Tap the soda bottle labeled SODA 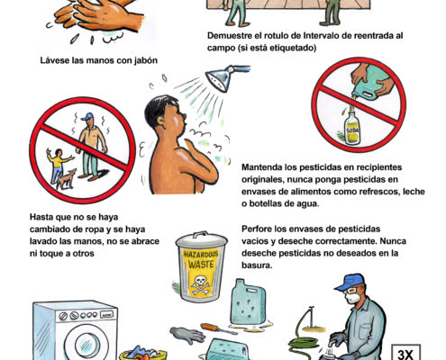(351, 128)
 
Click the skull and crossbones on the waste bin (200, 285)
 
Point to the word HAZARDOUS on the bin (201, 255)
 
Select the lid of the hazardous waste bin (202, 239)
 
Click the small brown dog (66, 179)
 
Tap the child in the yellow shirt (59, 165)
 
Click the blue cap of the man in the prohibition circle (87, 116)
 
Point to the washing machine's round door (87, 344)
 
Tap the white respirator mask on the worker (352, 298)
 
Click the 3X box (405, 353)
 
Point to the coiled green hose (304, 343)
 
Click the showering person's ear (160, 121)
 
